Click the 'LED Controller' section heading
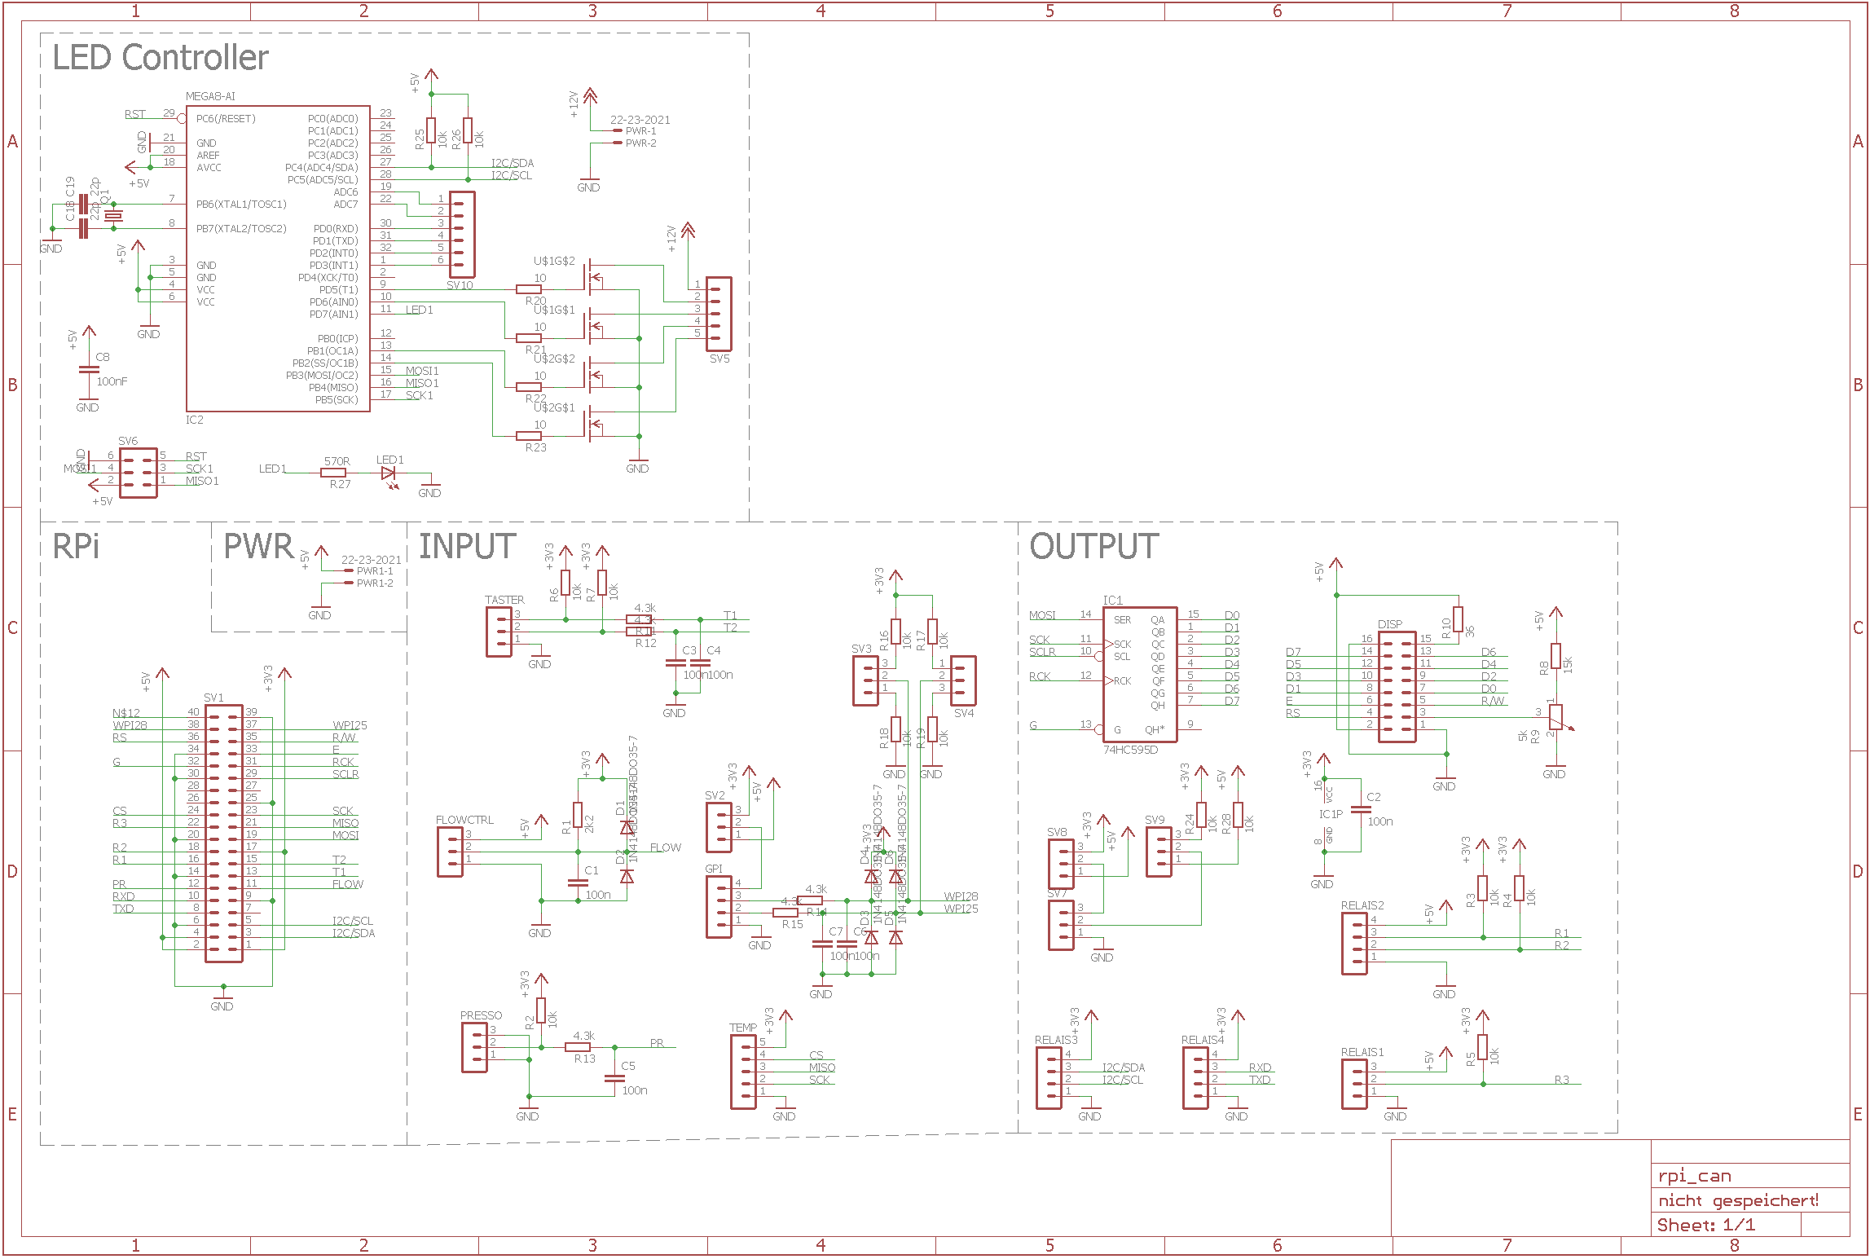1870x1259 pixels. click(x=161, y=58)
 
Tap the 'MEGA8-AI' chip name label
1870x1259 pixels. click(x=210, y=96)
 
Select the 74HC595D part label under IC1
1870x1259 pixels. click(x=1130, y=750)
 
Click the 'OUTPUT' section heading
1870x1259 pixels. click(x=1093, y=547)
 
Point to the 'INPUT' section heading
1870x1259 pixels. click(x=467, y=547)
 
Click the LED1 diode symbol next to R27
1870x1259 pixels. click(x=389, y=473)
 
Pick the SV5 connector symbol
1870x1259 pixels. click(x=719, y=314)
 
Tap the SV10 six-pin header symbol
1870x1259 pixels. click(x=462, y=235)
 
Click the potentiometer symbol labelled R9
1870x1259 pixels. click(x=1555, y=717)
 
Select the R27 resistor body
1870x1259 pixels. click(x=333, y=473)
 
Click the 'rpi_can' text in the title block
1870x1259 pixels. click(x=1695, y=1176)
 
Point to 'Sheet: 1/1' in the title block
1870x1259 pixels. click(x=1706, y=1225)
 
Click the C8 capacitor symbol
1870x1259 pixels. click(x=88, y=371)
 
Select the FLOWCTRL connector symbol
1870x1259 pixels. click(x=450, y=852)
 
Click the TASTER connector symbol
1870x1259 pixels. click(x=499, y=632)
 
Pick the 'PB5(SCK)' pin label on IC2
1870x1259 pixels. click(x=337, y=400)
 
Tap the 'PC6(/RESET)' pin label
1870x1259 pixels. click(x=226, y=119)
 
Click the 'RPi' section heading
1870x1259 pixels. click(x=76, y=547)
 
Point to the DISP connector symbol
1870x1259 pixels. click(x=1397, y=686)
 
